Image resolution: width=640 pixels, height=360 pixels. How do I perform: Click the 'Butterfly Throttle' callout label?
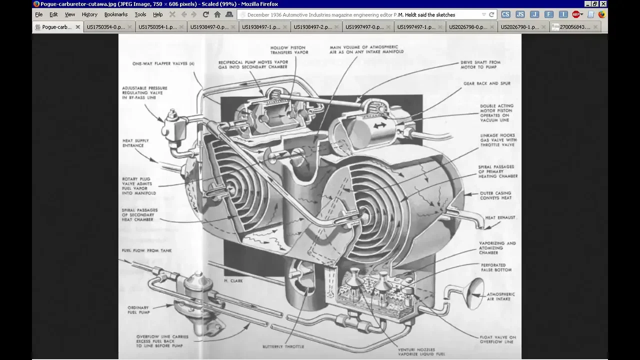pyautogui.click(x=283, y=346)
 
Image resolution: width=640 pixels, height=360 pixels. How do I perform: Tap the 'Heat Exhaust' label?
pyautogui.click(x=500, y=218)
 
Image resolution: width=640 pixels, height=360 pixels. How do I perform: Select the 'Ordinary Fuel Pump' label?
pyautogui.click(x=138, y=310)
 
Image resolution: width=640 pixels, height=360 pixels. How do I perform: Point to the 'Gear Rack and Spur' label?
pyautogui.click(x=486, y=83)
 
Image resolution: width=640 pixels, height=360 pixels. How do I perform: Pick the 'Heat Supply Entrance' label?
pyautogui.click(x=135, y=143)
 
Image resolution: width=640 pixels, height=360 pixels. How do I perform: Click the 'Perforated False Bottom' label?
pyautogui.click(x=496, y=267)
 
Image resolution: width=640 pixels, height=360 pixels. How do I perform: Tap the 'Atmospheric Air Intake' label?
pyautogui.click(x=500, y=296)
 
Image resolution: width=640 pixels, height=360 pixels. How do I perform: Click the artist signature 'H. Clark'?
pyautogui.click(x=233, y=281)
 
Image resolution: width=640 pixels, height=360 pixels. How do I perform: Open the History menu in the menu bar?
pyautogui.click(x=89, y=14)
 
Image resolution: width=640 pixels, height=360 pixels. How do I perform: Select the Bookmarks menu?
pyautogui.click(x=116, y=14)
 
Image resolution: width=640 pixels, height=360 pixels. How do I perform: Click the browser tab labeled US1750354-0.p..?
pyautogui.click(x=106, y=27)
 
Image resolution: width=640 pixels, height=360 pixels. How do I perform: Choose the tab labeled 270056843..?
pyautogui.click(x=575, y=27)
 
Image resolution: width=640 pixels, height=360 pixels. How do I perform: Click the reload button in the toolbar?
pyautogui.click(x=205, y=14)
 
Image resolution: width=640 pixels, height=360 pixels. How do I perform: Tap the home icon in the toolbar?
pyautogui.click(x=217, y=14)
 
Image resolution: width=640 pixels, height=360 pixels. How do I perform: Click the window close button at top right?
pyautogui.click(x=603, y=4)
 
